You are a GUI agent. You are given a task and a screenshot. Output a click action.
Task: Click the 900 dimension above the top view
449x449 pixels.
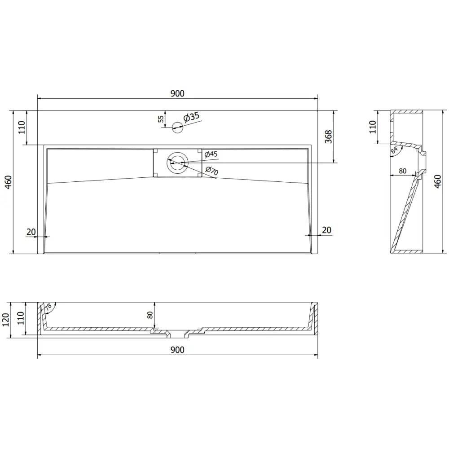coord(177,93)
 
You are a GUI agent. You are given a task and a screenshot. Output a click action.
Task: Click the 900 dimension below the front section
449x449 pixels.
coord(177,350)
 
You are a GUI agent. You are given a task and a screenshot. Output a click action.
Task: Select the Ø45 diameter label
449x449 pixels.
coord(211,154)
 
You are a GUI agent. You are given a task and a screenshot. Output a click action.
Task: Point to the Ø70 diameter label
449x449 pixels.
coord(211,171)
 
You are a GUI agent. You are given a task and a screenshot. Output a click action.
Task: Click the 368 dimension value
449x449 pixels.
coord(328,136)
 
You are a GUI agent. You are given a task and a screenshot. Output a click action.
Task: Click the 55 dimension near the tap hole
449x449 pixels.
coord(161,119)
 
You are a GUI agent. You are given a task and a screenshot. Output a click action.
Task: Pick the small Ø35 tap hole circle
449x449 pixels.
coord(177,128)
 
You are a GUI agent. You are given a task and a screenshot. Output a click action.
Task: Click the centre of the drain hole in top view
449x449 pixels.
coord(177,163)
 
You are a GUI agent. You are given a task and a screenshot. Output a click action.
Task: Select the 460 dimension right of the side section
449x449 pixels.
coord(438,182)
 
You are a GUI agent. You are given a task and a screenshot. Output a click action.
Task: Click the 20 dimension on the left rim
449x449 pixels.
coord(31,232)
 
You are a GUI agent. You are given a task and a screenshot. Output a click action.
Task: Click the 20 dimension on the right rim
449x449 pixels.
coord(326,230)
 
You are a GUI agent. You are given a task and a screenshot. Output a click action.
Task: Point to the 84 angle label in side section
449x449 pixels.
coord(395,150)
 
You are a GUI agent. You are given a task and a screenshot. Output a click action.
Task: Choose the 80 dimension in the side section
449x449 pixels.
coord(402,171)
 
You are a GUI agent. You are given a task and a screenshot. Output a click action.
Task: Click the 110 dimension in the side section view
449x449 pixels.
coord(372,127)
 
